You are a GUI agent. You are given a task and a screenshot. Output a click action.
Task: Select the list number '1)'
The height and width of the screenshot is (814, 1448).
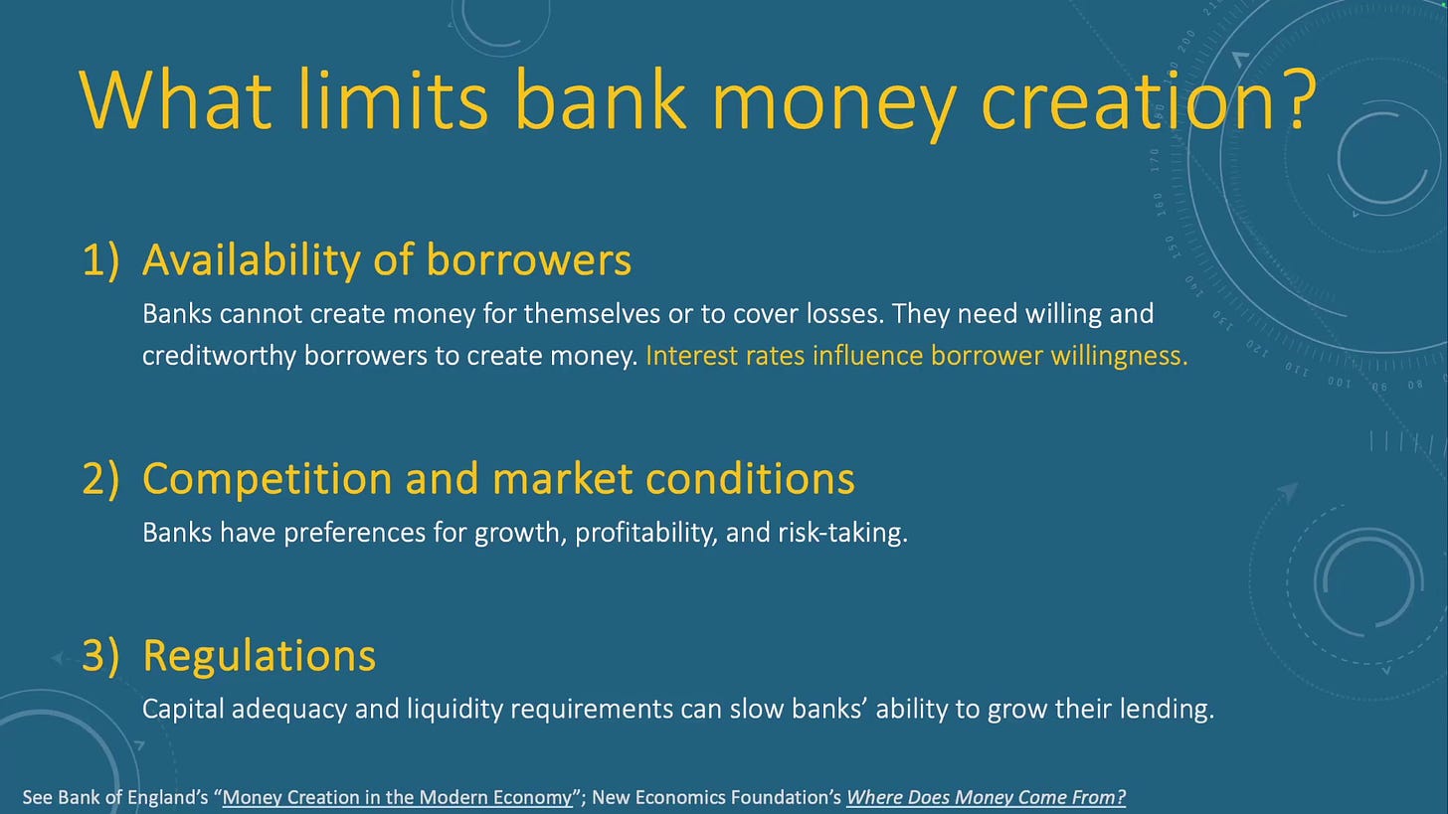click(x=100, y=260)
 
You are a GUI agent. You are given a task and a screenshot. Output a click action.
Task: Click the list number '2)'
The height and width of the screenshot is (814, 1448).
click(x=100, y=479)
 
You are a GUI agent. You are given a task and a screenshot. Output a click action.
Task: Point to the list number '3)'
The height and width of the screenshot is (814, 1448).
click(x=100, y=656)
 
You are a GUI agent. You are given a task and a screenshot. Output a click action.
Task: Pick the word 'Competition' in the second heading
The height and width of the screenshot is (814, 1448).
click(x=267, y=479)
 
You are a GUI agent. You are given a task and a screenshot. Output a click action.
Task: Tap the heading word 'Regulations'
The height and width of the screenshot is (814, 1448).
click(x=260, y=656)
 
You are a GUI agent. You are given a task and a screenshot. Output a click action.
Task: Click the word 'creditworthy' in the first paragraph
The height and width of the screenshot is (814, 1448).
click(x=219, y=356)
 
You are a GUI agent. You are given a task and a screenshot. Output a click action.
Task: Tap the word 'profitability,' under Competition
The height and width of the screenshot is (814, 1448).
click(x=646, y=533)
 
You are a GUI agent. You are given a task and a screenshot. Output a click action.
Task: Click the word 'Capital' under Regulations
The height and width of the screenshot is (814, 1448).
click(x=184, y=710)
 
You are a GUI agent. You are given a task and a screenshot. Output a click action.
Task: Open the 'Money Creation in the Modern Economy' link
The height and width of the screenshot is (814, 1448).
click(x=398, y=797)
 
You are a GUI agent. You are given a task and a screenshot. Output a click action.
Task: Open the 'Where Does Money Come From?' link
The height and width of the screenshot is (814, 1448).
click(x=986, y=797)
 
